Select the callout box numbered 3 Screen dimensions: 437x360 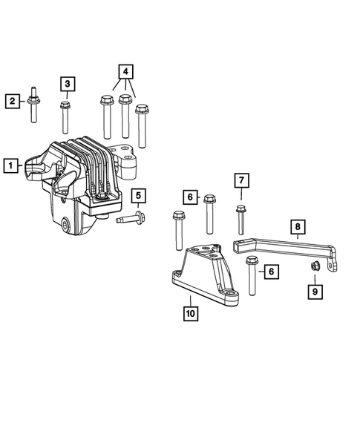(68, 84)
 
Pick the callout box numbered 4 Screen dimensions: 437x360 (125, 73)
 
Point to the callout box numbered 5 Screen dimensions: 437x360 (138, 196)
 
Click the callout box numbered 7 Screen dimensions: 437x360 (241, 180)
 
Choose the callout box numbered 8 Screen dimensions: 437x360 (296, 226)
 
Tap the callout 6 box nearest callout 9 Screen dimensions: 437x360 (271, 272)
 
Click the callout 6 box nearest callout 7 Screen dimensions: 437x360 (190, 197)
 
